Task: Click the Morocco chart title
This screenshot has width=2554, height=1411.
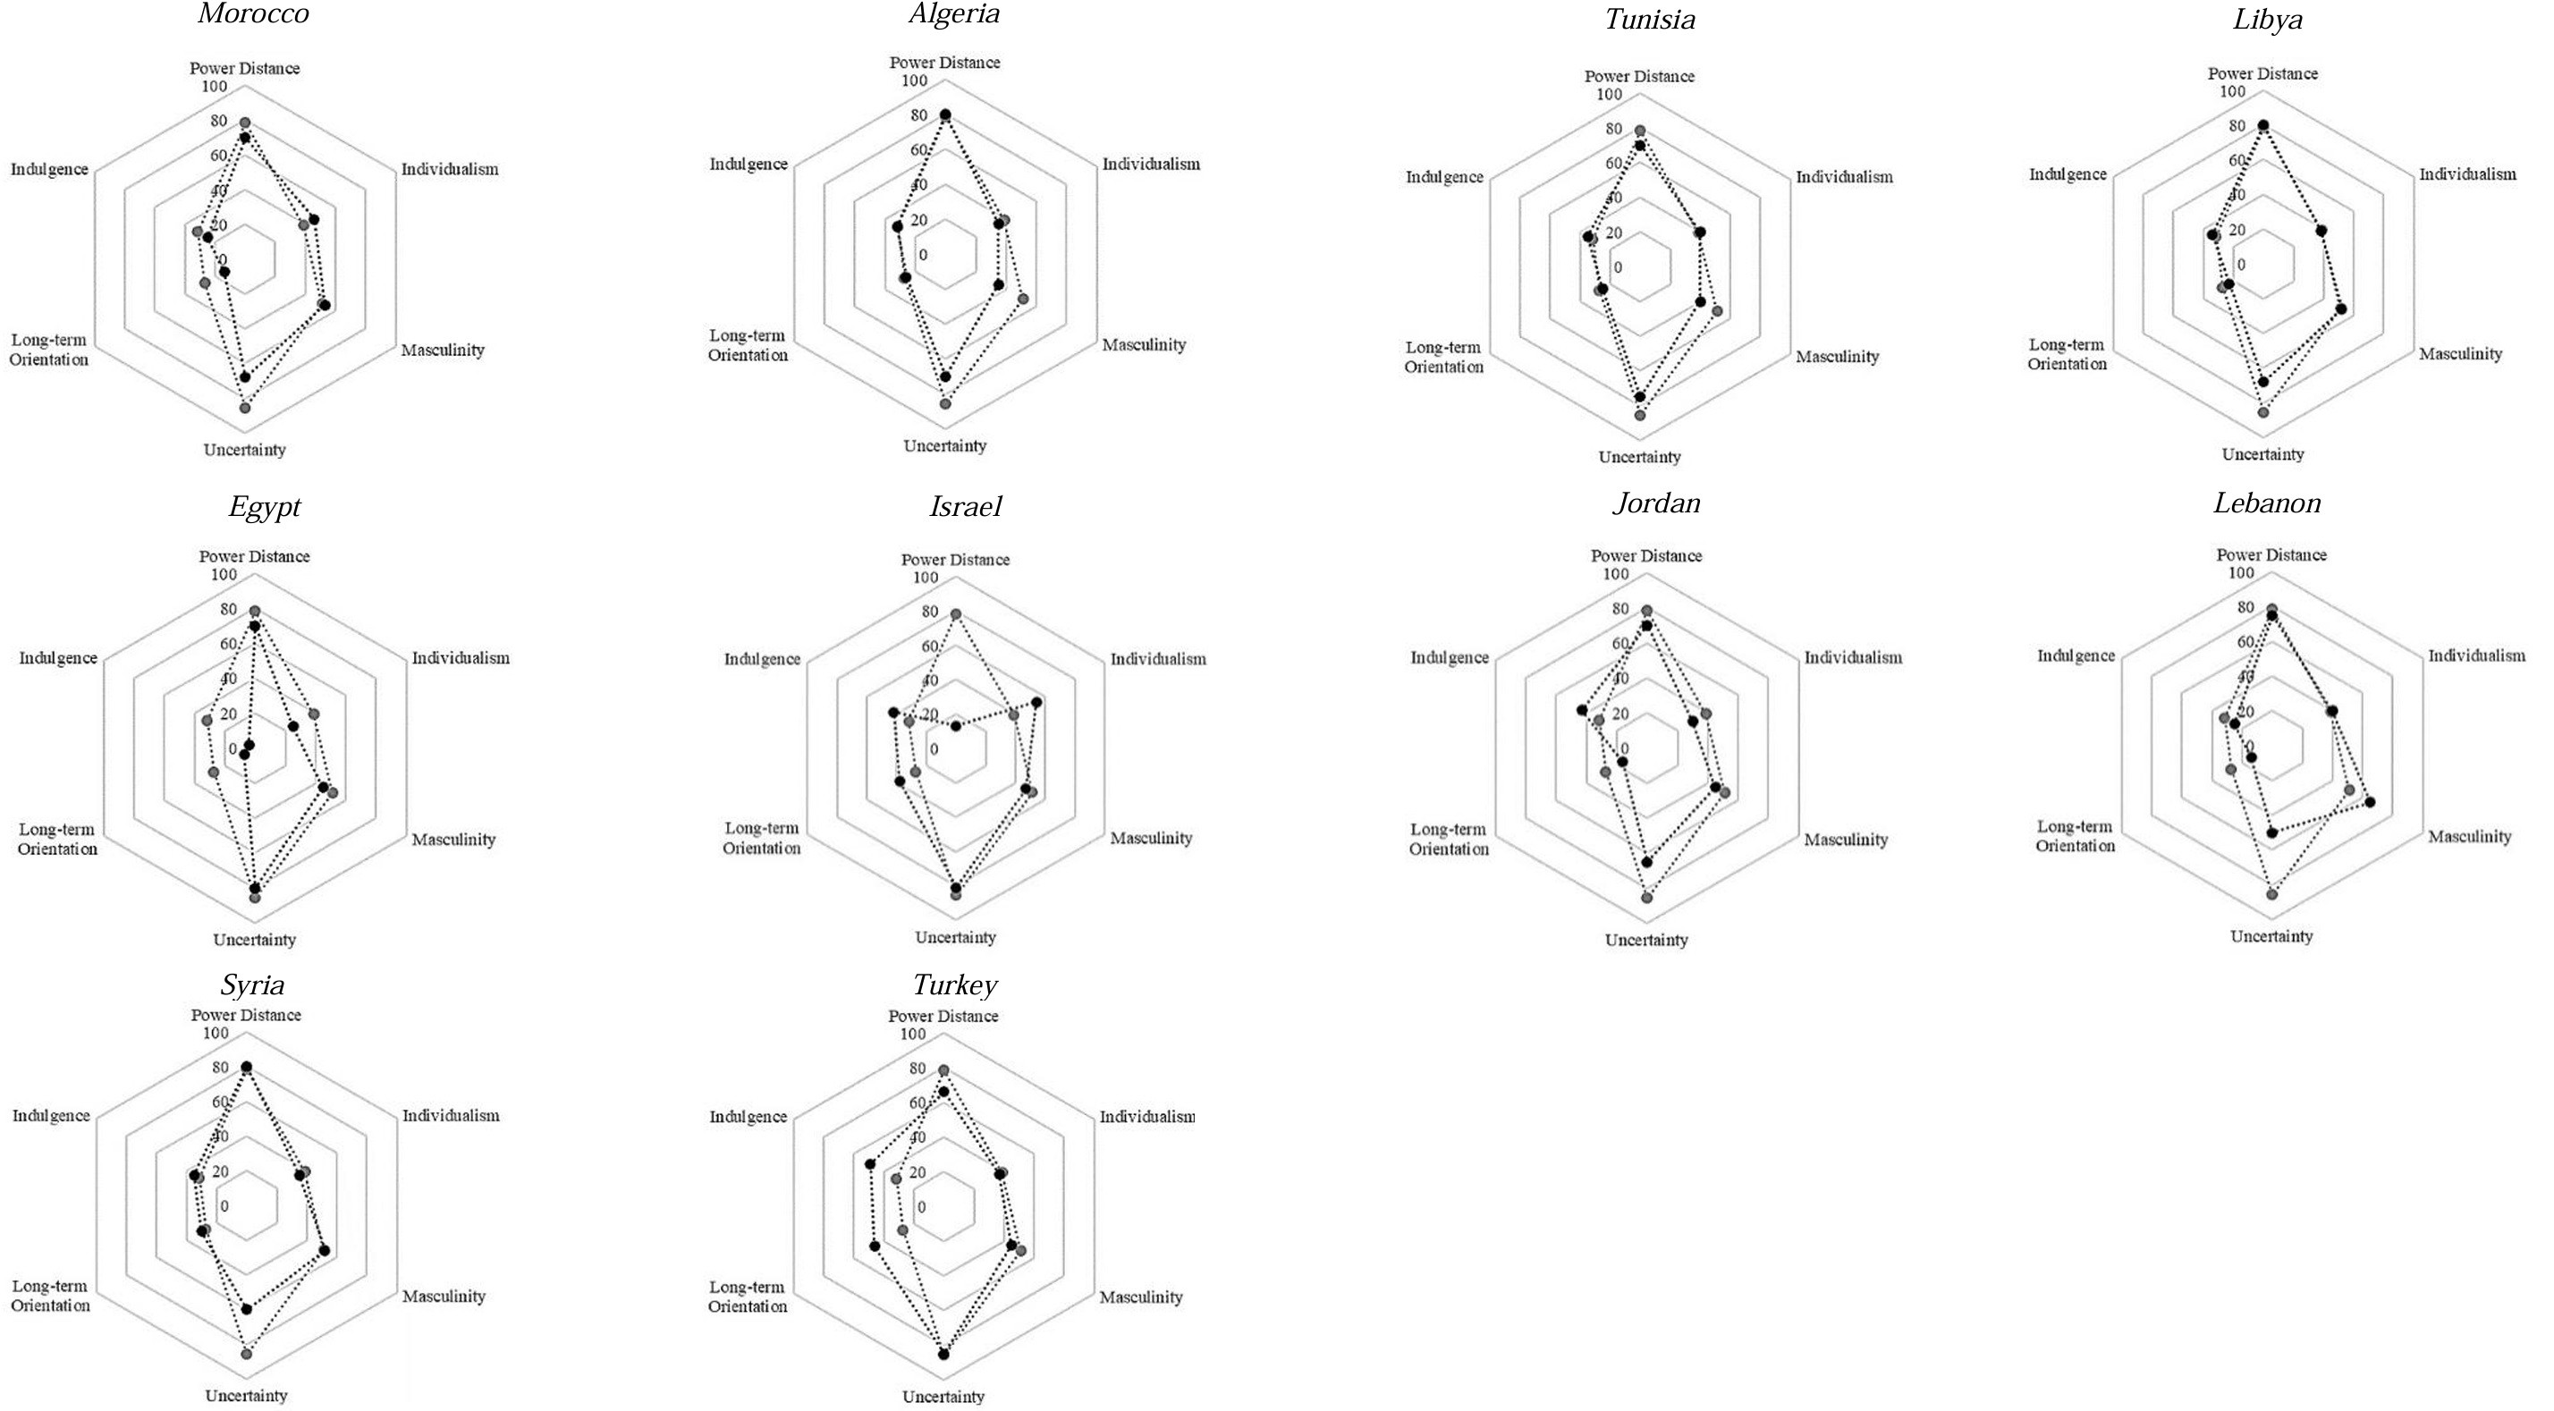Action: (253, 14)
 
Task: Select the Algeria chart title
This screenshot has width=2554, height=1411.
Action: (954, 14)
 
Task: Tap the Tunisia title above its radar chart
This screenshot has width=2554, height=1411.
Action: (1650, 20)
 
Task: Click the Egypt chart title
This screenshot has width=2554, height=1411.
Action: (264, 507)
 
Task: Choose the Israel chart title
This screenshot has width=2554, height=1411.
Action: (965, 507)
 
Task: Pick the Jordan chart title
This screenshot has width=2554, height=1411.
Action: (1656, 503)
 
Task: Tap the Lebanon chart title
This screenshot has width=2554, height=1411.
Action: (2266, 503)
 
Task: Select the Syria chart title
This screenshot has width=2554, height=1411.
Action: (252, 984)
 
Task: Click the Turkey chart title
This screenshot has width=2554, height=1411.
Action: (954, 984)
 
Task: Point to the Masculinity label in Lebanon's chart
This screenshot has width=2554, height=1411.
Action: (2469, 837)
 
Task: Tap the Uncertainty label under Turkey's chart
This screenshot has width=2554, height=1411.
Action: (943, 1397)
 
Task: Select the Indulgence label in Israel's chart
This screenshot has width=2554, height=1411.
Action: (761, 659)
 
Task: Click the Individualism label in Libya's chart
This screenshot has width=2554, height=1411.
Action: (2466, 174)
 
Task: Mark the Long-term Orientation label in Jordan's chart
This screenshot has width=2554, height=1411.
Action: (1449, 839)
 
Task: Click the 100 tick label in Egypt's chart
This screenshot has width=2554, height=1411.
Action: (225, 575)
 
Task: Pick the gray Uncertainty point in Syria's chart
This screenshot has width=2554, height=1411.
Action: (247, 1354)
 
